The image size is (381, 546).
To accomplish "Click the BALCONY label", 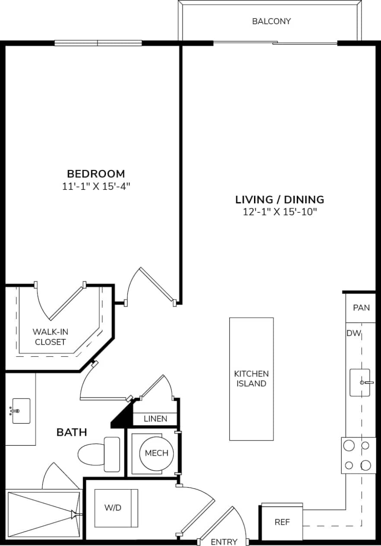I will (x=271, y=21).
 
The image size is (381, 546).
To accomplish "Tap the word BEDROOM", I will (x=96, y=174).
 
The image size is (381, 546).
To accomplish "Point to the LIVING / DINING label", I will (x=279, y=200).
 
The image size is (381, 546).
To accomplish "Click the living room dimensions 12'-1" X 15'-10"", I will (x=279, y=212).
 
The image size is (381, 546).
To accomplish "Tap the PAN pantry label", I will (x=361, y=308).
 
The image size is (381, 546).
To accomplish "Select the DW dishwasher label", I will (x=353, y=333).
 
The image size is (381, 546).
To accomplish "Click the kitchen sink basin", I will (x=359, y=383).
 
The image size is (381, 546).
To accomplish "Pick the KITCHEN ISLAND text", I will (x=251, y=379).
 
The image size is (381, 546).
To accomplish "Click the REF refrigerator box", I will (x=282, y=522).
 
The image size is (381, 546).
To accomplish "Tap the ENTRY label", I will (x=224, y=542).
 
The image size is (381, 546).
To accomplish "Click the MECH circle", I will (x=156, y=453).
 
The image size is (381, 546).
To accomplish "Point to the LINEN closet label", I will (x=155, y=419).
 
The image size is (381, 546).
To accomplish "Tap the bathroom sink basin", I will (x=21, y=411).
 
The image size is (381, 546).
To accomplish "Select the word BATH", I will (x=72, y=432).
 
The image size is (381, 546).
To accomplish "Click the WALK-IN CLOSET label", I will (x=50, y=337).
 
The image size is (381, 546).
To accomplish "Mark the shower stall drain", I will (x=74, y=514).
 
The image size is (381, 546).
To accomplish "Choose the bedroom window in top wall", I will (x=98, y=43).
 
